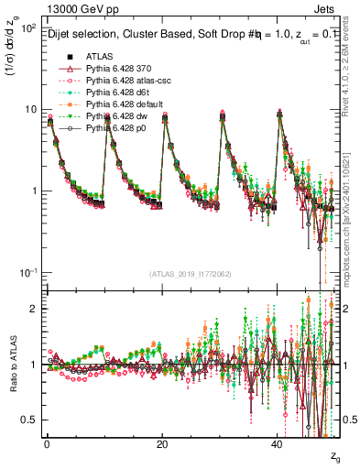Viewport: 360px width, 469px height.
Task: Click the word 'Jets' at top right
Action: [x=326, y=7]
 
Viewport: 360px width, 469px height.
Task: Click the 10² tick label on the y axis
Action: [x=27, y=28]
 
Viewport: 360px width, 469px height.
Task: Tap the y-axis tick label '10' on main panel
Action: [x=29, y=110]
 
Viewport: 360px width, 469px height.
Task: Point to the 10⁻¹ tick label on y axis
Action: [x=27, y=273]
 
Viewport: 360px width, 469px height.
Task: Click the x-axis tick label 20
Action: [x=162, y=444]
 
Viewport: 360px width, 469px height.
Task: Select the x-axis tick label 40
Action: [x=278, y=444]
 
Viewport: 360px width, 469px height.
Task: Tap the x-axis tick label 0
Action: [x=47, y=444]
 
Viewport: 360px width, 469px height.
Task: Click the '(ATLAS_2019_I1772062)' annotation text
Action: [x=191, y=275]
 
